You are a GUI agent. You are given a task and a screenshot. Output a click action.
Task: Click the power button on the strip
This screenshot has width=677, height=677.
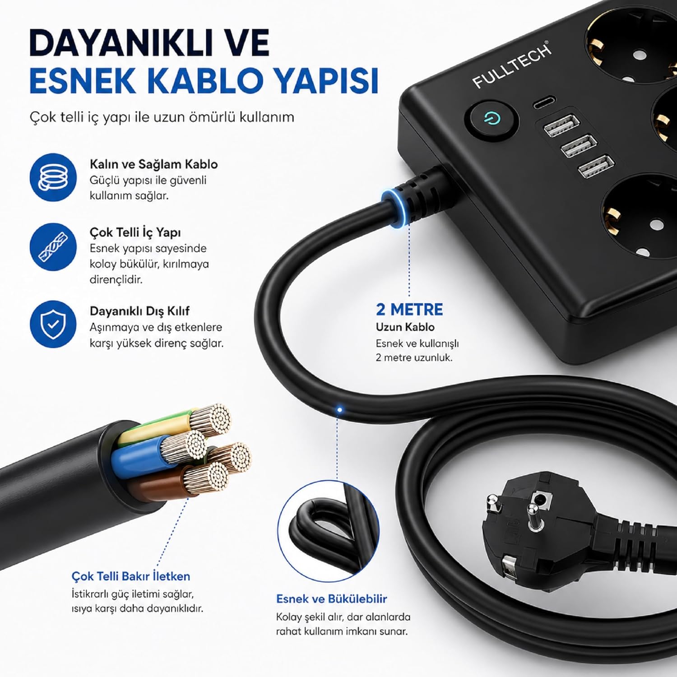coord(492,120)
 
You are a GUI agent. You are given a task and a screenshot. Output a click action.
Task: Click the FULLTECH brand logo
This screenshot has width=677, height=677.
coord(512,65)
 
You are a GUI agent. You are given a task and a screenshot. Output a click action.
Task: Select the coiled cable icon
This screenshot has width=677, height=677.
coord(53,177)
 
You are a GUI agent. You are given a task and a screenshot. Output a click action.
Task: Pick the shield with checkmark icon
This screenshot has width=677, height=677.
coord(53,324)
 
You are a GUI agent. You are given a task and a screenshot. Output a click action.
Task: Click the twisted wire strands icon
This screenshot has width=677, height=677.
coord(53,247)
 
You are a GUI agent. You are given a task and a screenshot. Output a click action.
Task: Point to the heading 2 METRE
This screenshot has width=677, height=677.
coord(409,310)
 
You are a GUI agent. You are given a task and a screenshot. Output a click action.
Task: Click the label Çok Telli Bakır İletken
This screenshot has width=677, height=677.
coord(131,576)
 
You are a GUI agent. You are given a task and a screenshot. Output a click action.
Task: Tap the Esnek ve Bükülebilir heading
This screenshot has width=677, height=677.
coord(332,599)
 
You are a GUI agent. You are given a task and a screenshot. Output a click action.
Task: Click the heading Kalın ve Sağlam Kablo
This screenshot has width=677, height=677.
coord(153,164)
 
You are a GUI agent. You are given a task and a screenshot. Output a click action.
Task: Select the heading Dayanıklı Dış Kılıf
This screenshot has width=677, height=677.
coord(139,311)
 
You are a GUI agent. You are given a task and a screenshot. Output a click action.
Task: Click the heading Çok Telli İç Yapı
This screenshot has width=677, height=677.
coord(135,232)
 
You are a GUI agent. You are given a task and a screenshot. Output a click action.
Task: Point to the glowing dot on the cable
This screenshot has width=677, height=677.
coord(340,410)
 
